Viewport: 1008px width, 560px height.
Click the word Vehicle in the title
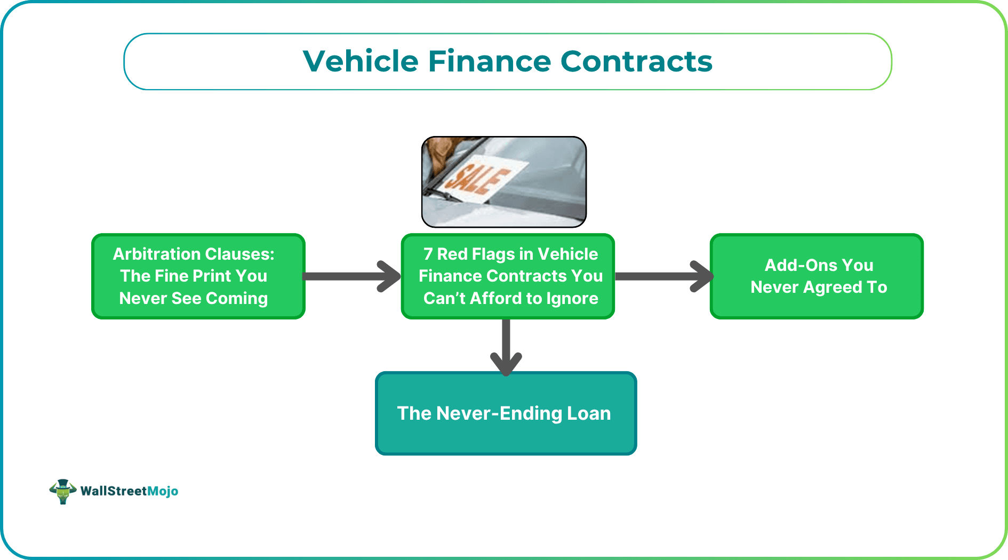361,61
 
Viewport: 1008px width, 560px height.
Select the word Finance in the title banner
489,61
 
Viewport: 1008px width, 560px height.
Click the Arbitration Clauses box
198,276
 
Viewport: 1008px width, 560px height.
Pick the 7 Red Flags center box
508,276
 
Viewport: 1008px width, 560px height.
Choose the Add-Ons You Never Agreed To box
817,276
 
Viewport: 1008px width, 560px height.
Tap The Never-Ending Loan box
506,413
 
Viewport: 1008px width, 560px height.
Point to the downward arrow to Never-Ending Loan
506,347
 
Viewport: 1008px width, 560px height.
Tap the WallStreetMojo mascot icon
62,491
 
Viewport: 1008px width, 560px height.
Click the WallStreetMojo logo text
129,491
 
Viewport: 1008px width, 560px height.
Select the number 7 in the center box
428,254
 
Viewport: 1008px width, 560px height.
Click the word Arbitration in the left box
148,254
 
